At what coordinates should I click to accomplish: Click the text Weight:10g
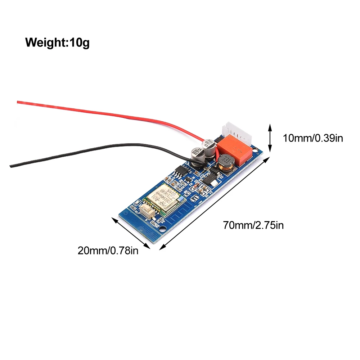(57, 42)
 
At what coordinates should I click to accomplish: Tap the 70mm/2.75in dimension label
(253, 226)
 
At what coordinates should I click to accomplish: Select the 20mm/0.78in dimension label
(108, 250)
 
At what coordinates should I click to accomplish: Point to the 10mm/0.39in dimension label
(312, 138)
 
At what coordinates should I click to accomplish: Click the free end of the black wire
(12, 166)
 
